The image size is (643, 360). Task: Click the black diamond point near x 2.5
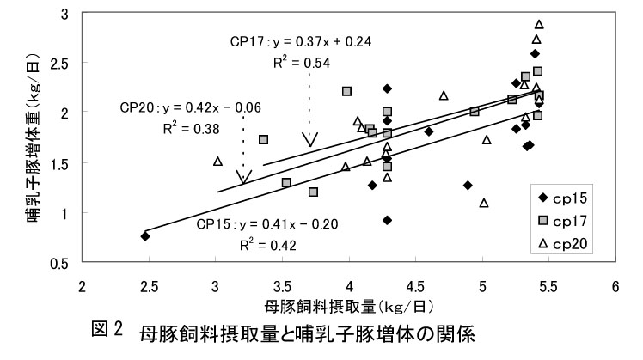point(145,235)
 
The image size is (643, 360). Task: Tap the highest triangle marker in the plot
point(539,24)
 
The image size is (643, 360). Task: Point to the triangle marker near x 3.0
point(217,162)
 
